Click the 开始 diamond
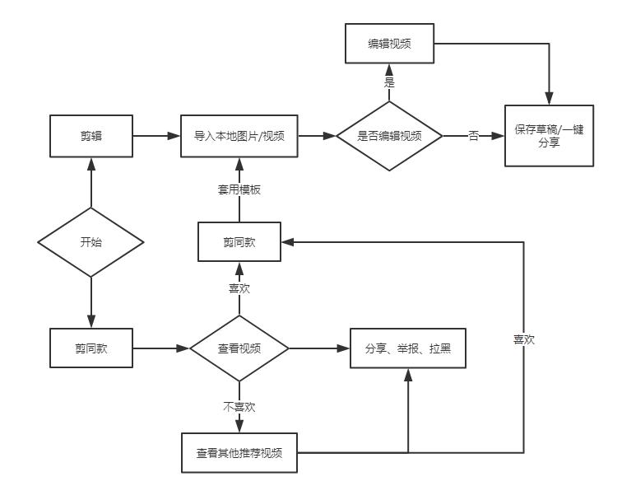point(91,242)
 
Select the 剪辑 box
point(91,136)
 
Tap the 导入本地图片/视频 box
point(239,136)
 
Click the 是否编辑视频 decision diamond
point(389,136)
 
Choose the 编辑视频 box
point(389,44)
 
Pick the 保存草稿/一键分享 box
point(549,136)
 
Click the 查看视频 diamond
point(239,348)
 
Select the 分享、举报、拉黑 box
point(408,348)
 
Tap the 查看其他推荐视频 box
point(239,452)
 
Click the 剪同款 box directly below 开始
point(91,348)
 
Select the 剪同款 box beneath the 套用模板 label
point(239,242)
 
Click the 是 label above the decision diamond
point(389,82)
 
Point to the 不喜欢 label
point(239,406)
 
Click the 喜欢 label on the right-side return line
point(523,339)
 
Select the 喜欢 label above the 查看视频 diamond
point(239,288)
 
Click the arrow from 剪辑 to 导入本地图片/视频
point(157,136)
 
